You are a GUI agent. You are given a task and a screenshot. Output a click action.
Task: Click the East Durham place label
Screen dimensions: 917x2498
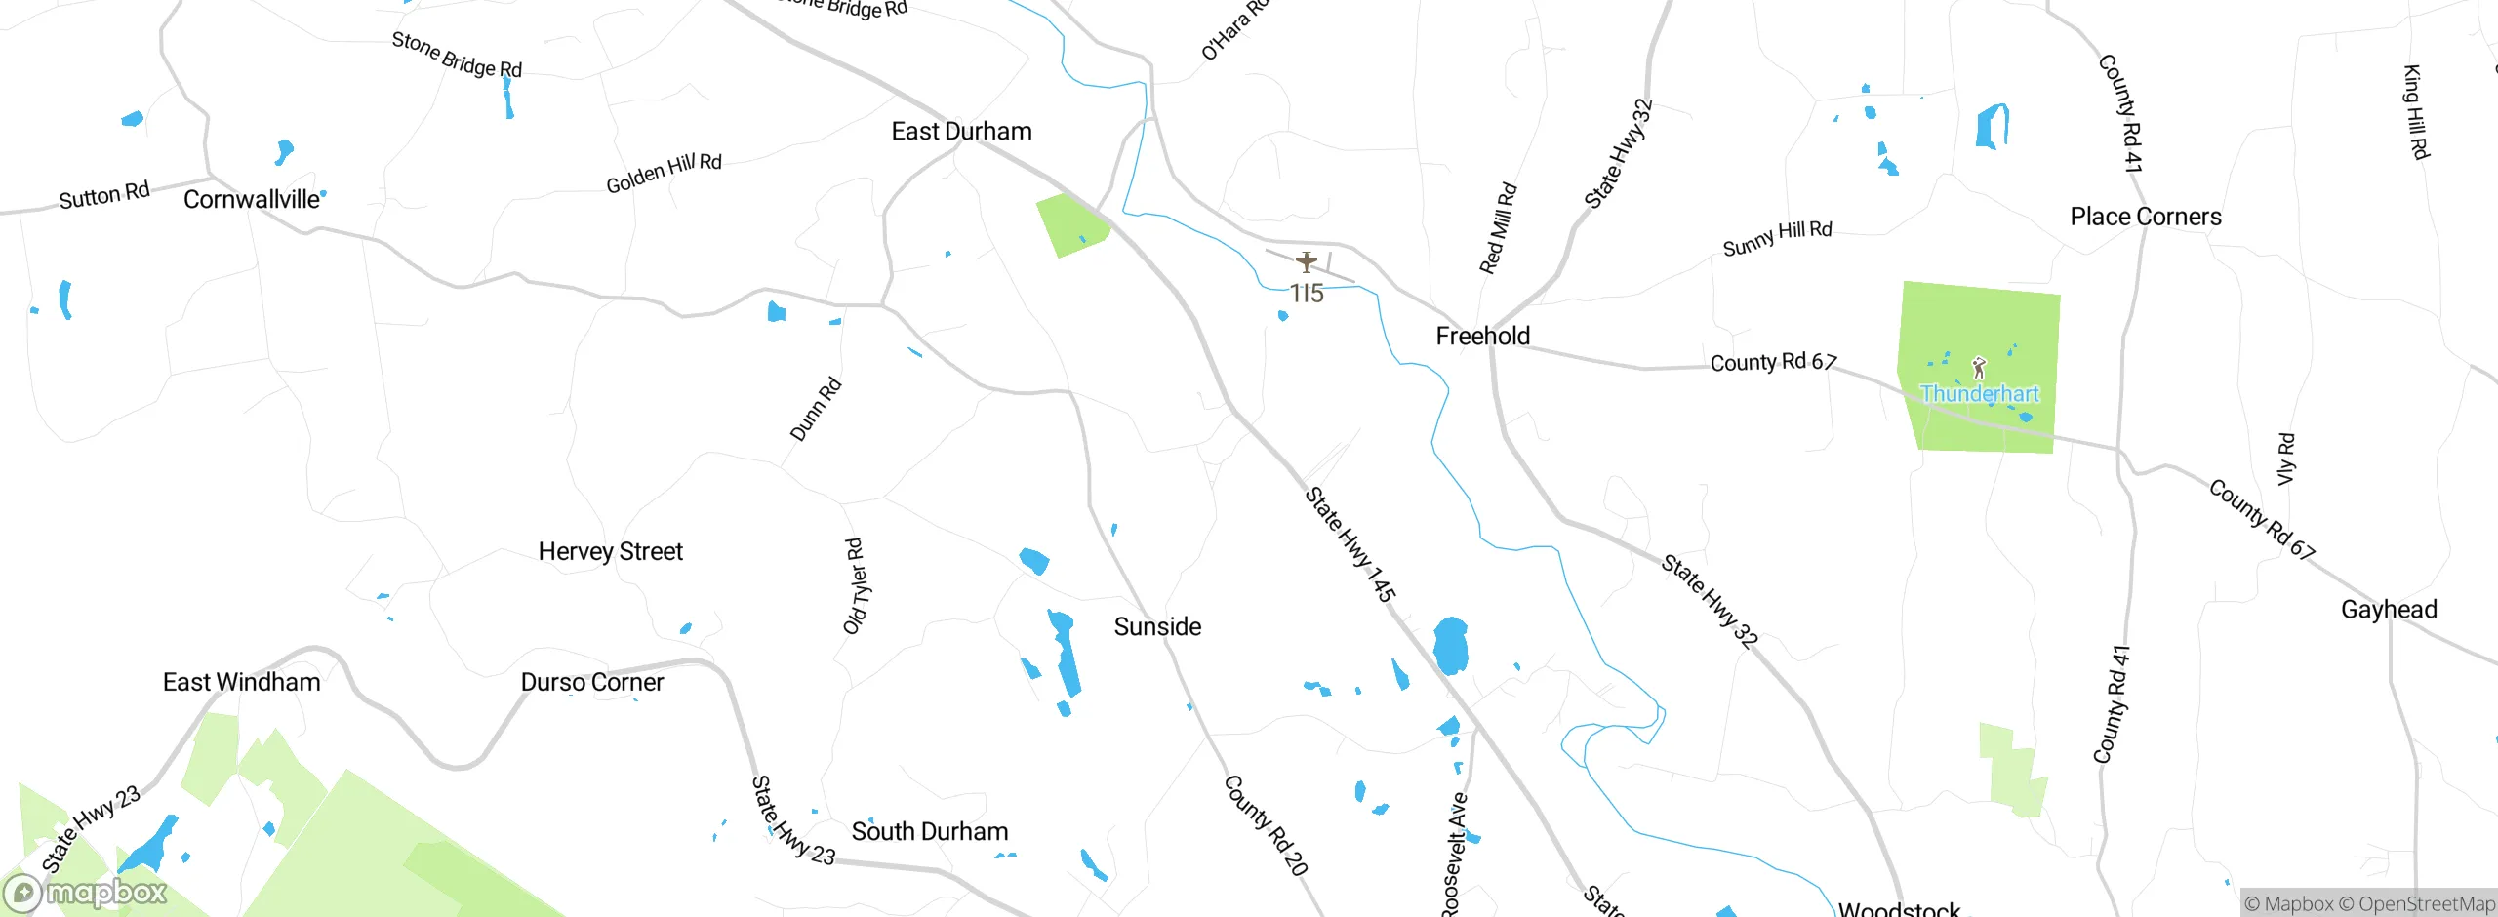[961, 131]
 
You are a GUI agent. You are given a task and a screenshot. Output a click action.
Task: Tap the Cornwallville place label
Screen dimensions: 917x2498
[251, 199]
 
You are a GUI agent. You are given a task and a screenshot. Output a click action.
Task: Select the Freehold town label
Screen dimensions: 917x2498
[1482, 336]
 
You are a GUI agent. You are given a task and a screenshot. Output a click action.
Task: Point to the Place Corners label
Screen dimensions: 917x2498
[2146, 217]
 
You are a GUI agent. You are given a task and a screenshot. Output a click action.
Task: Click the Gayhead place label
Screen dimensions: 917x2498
[2389, 610]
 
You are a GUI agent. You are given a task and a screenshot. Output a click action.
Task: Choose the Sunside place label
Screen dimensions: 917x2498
[1157, 626]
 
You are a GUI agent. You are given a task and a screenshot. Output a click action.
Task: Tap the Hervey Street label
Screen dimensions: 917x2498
[611, 551]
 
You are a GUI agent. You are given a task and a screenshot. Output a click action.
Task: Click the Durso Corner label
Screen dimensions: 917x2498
[592, 682]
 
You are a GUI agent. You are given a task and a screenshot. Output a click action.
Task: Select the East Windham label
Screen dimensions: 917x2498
[241, 682]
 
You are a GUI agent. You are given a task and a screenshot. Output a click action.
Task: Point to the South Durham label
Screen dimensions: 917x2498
[930, 831]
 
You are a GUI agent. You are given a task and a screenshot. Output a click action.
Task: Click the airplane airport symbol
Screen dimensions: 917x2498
[1307, 261]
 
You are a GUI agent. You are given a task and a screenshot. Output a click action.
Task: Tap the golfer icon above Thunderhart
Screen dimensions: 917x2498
[1979, 368]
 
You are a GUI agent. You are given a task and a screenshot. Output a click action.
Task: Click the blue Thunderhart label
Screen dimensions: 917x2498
[1980, 393]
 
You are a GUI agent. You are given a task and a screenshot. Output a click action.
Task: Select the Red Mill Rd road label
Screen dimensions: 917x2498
[1498, 228]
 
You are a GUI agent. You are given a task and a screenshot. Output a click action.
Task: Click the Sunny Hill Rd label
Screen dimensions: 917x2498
[1777, 237]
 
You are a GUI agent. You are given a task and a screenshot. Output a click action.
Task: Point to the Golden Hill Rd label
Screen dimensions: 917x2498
[664, 173]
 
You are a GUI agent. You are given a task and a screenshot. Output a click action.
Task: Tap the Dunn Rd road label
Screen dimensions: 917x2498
[815, 410]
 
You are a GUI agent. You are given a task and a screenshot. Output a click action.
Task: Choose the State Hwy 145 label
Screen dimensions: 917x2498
[1350, 543]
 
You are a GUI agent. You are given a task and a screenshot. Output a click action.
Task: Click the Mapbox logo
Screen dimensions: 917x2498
[86, 892]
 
